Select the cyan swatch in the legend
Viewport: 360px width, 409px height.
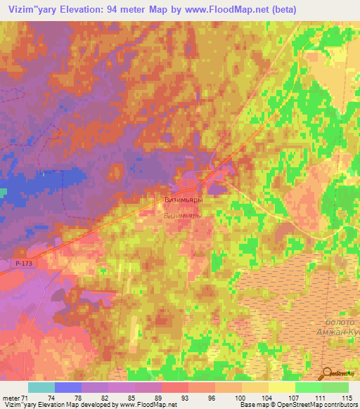(41, 387)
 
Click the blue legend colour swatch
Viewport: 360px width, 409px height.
(68, 387)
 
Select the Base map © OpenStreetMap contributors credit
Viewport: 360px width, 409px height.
(299, 405)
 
